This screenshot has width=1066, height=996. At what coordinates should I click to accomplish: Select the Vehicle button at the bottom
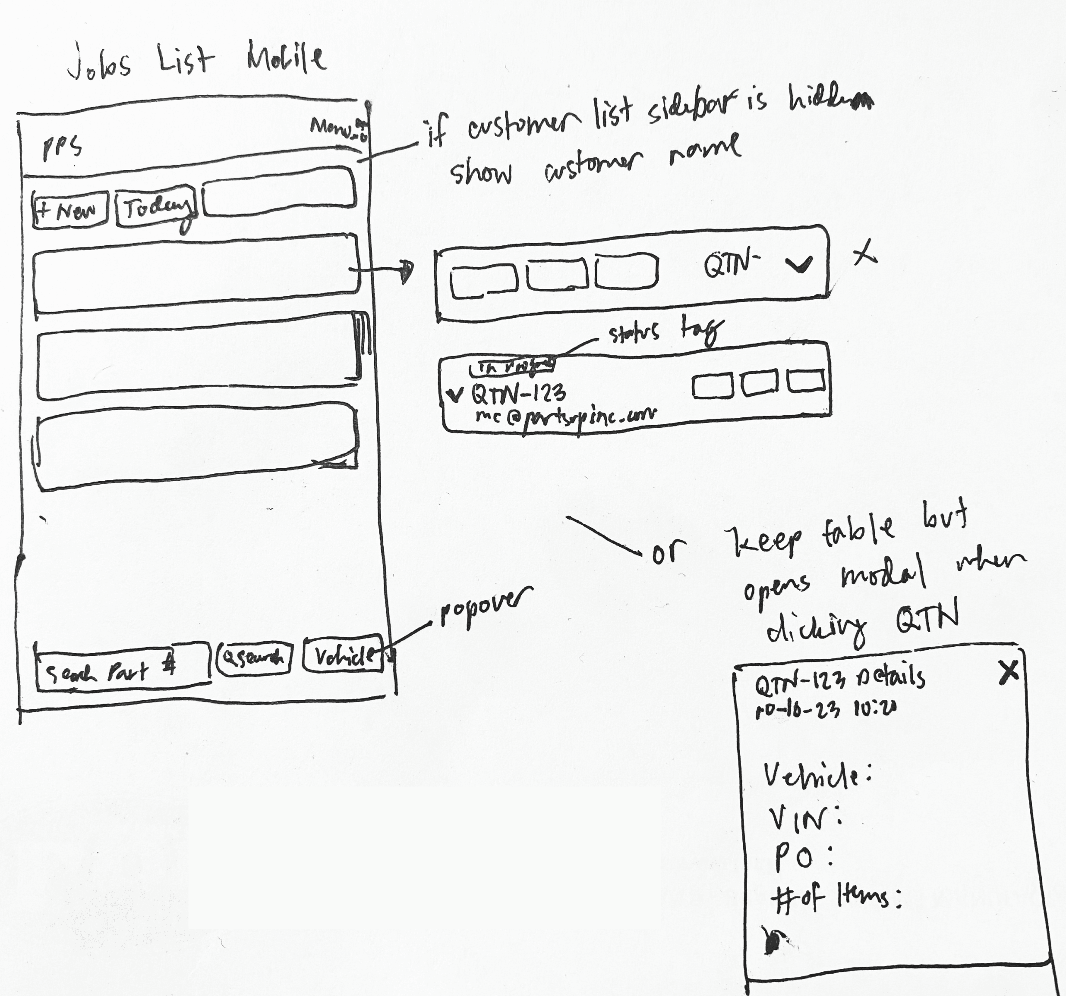[x=344, y=654]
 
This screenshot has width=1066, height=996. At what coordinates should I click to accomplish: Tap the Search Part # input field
[x=122, y=670]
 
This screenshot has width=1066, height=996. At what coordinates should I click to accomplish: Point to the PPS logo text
[x=62, y=147]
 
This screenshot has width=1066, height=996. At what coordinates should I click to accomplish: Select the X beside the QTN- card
[x=864, y=254]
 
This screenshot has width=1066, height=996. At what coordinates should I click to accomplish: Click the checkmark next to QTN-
[x=799, y=263]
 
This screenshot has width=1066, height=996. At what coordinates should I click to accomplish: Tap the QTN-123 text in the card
[x=518, y=394]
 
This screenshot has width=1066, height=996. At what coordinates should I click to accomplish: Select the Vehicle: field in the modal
[x=817, y=776]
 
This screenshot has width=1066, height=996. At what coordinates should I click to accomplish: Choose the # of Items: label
[x=837, y=897]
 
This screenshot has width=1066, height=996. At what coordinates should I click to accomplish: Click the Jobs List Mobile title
[x=196, y=60]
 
